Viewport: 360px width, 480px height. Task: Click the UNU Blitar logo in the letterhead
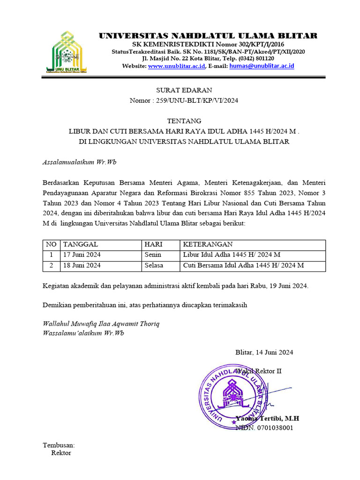tap(67, 52)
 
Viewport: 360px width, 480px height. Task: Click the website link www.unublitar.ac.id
tap(176, 67)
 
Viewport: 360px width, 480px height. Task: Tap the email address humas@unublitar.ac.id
tap(262, 67)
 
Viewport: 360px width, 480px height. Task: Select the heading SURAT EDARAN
tap(184, 90)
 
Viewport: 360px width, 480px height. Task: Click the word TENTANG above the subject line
tap(184, 120)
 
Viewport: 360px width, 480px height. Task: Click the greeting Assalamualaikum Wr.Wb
tap(79, 162)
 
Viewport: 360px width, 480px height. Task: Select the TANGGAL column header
tap(81, 244)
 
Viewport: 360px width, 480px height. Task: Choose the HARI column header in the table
tap(153, 244)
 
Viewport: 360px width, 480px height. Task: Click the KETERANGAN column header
tap(208, 244)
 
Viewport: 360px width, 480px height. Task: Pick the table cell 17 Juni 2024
tap(82, 255)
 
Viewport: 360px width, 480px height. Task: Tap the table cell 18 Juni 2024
tap(82, 265)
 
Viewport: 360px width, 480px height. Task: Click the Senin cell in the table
tap(153, 255)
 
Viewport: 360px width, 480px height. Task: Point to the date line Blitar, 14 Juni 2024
tap(264, 352)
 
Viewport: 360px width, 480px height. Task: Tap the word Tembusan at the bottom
tap(59, 445)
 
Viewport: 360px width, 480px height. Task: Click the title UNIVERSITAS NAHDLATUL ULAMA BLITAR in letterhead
tap(208, 36)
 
